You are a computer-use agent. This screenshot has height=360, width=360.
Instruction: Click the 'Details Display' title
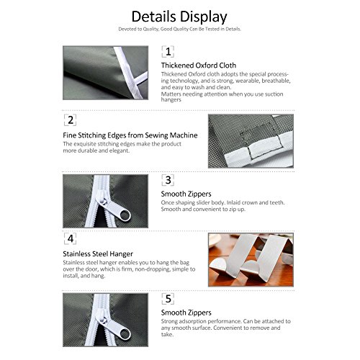(179, 17)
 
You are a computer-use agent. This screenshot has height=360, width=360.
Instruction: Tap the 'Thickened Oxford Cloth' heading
(199, 66)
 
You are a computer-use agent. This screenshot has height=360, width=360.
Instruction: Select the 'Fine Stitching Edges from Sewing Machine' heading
(130, 135)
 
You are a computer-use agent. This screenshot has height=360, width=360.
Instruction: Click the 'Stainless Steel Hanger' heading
(98, 253)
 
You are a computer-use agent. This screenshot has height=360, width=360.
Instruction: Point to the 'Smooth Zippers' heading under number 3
(186, 194)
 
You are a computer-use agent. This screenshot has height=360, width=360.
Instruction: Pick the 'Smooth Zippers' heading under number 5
(186, 312)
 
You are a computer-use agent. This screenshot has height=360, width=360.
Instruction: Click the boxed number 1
(168, 52)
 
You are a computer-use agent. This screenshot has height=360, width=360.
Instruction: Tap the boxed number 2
(71, 120)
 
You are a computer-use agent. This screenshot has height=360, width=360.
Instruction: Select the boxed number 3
(168, 180)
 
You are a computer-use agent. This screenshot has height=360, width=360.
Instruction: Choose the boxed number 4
(71, 239)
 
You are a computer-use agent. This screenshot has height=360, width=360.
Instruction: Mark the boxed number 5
(168, 299)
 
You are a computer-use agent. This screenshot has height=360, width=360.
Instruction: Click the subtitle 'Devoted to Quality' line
(179, 29)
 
